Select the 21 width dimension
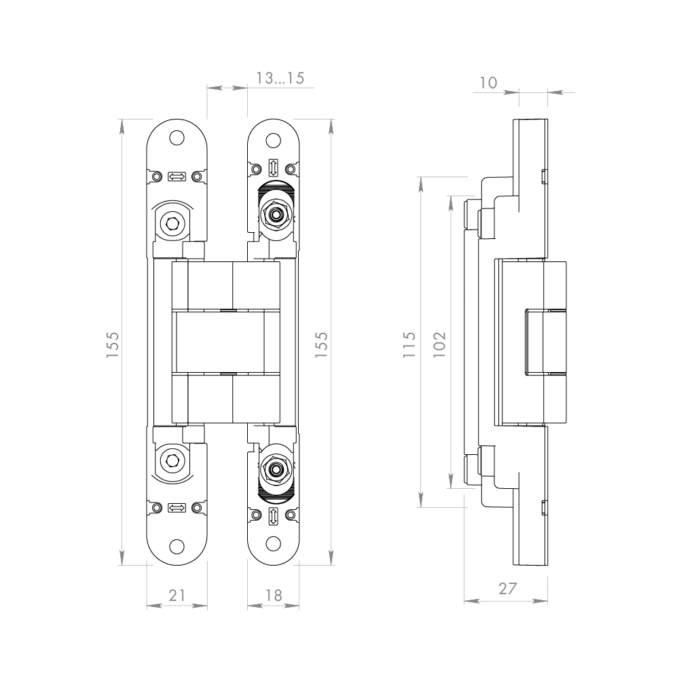pyautogui.click(x=177, y=595)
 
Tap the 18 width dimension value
pyautogui.click(x=273, y=595)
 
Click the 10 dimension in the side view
pyautogui.click(x=488, y=82)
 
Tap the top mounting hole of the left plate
pyautogui.click(x=177, y=137)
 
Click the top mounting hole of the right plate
pyautogui.click(x=273, y=141)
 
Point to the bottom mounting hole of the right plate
pyautogui.click(x=273, y=544)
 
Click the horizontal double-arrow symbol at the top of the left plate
pyautogui.click(x=177, y=177)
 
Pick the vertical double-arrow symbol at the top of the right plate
pyautogui.click(x=273, y=167)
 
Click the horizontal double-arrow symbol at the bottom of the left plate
pyautogui.click(x=177, y=508)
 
